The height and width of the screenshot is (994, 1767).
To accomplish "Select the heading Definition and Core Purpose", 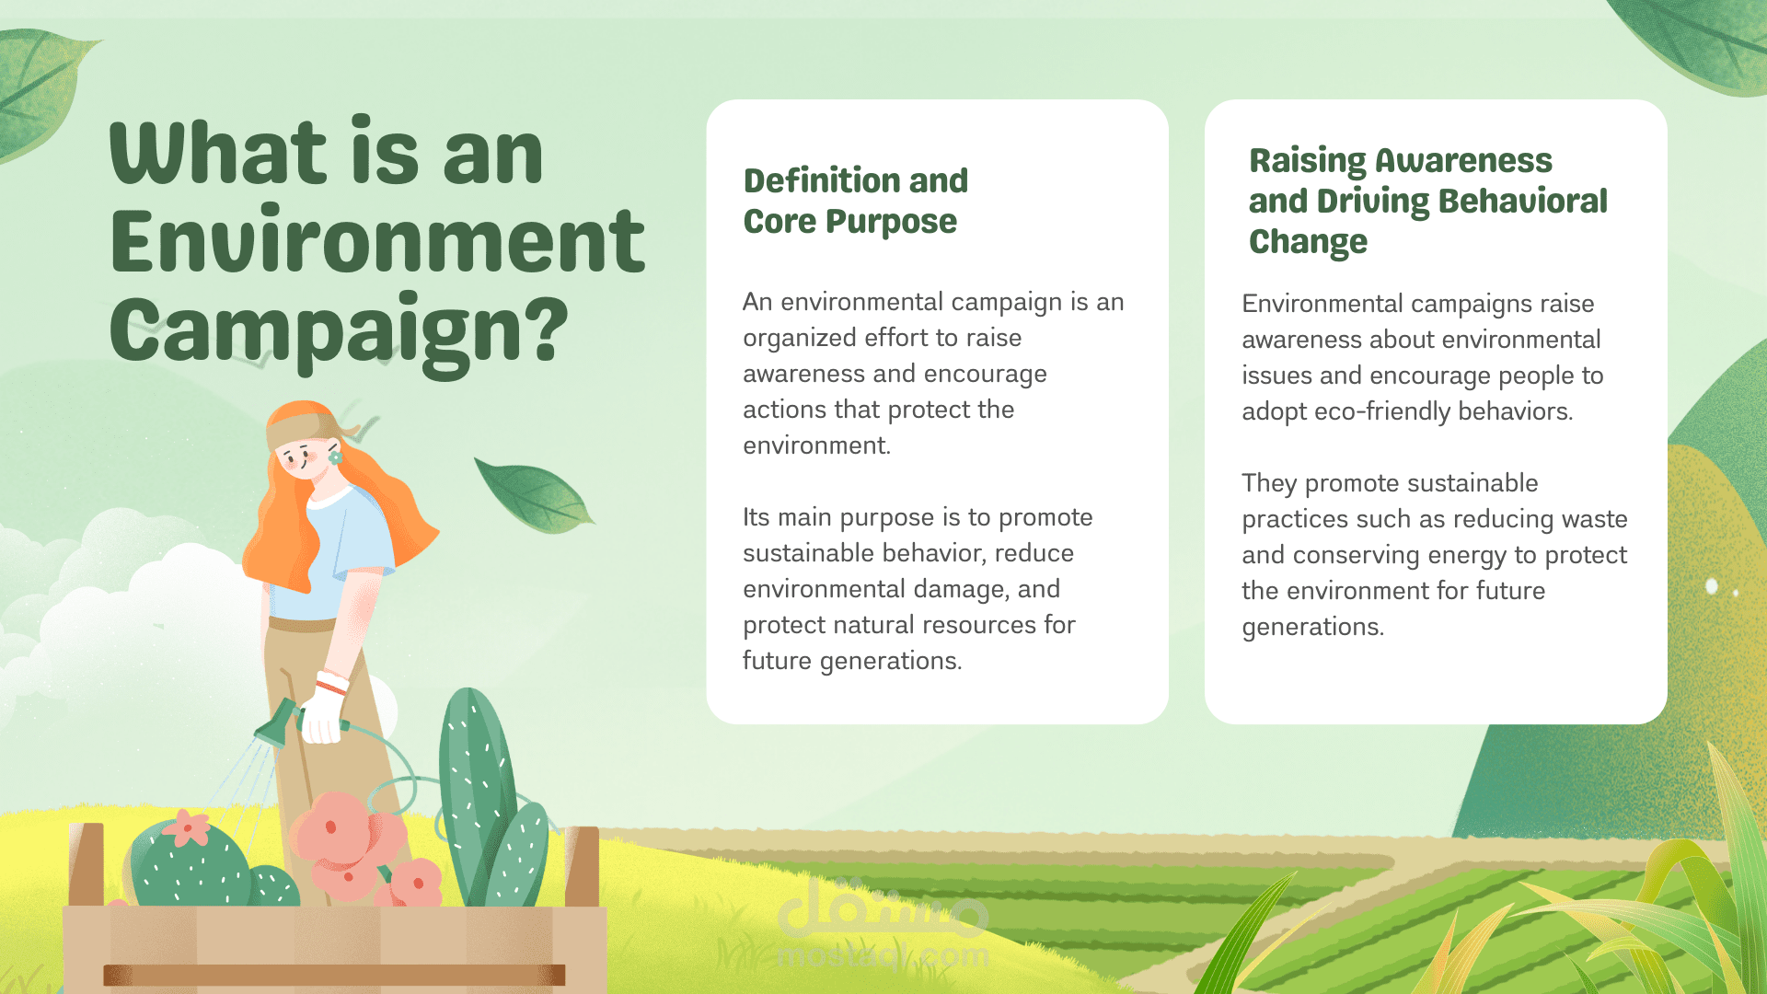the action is [x=856, y=201].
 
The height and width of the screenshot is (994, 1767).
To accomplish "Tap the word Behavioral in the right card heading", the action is [x=1522, y=201].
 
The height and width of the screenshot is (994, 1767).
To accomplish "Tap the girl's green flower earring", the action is [x=335, y=457].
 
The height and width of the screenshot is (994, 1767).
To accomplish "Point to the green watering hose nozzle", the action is [x=277, y=723].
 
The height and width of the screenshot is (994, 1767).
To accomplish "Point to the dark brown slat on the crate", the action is [x=334, y=975].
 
